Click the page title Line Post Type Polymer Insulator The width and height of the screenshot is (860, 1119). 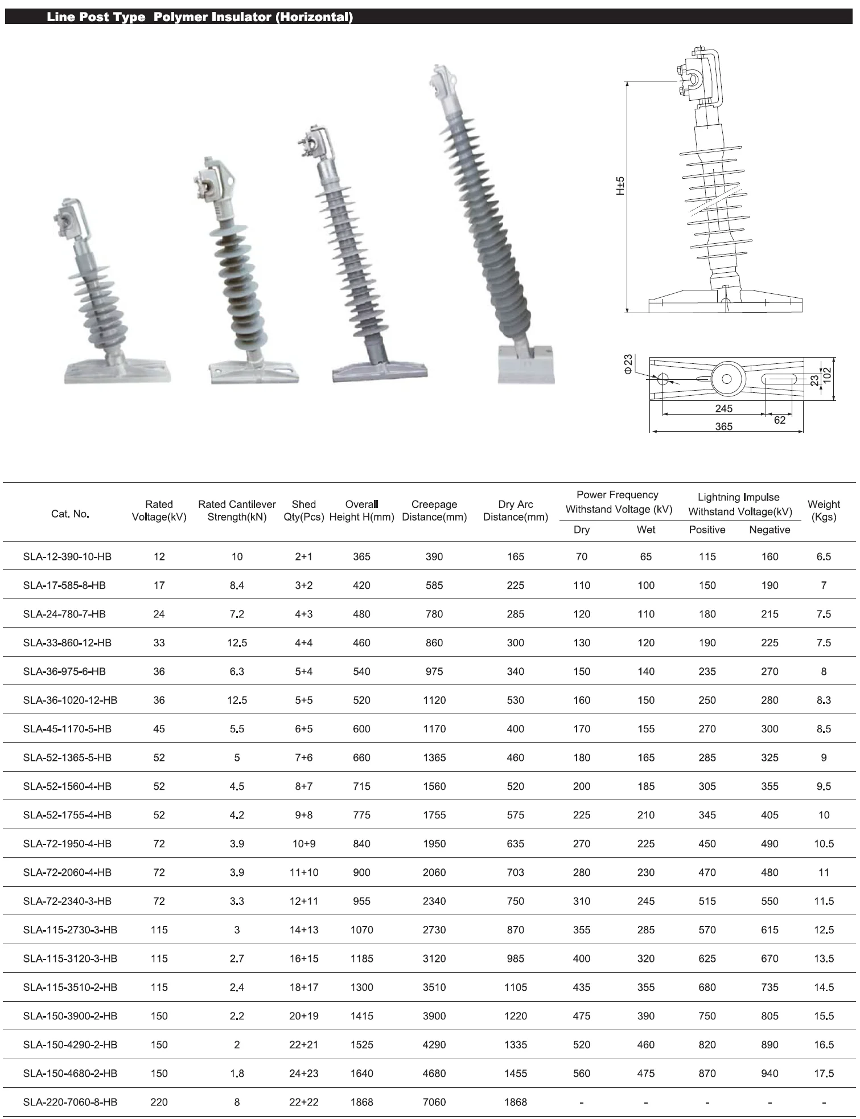point(199,17)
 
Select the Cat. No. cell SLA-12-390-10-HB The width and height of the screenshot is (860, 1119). point(67,556)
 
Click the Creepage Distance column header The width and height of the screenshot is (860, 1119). point(434,510)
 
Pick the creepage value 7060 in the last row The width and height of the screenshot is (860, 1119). point(434,1102)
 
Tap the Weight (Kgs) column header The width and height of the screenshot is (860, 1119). point(823,510)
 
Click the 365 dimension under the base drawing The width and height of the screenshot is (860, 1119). point(723,427)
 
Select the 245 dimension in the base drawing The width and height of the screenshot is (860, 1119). point(723,408)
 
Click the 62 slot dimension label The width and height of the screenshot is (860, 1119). point(779,420)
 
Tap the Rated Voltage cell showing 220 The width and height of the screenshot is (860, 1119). point(159,1102)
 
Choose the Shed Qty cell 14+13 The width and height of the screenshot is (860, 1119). point(304,930)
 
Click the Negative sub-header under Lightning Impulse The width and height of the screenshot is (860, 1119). point(770,530)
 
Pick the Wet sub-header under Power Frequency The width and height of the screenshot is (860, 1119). point(646,530)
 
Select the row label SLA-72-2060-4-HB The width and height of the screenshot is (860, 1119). point(67,872)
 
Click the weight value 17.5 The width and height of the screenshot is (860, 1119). point(824,1073)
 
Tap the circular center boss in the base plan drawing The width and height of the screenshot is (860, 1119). point(727,379)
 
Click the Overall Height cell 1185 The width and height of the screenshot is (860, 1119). point(361,958)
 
